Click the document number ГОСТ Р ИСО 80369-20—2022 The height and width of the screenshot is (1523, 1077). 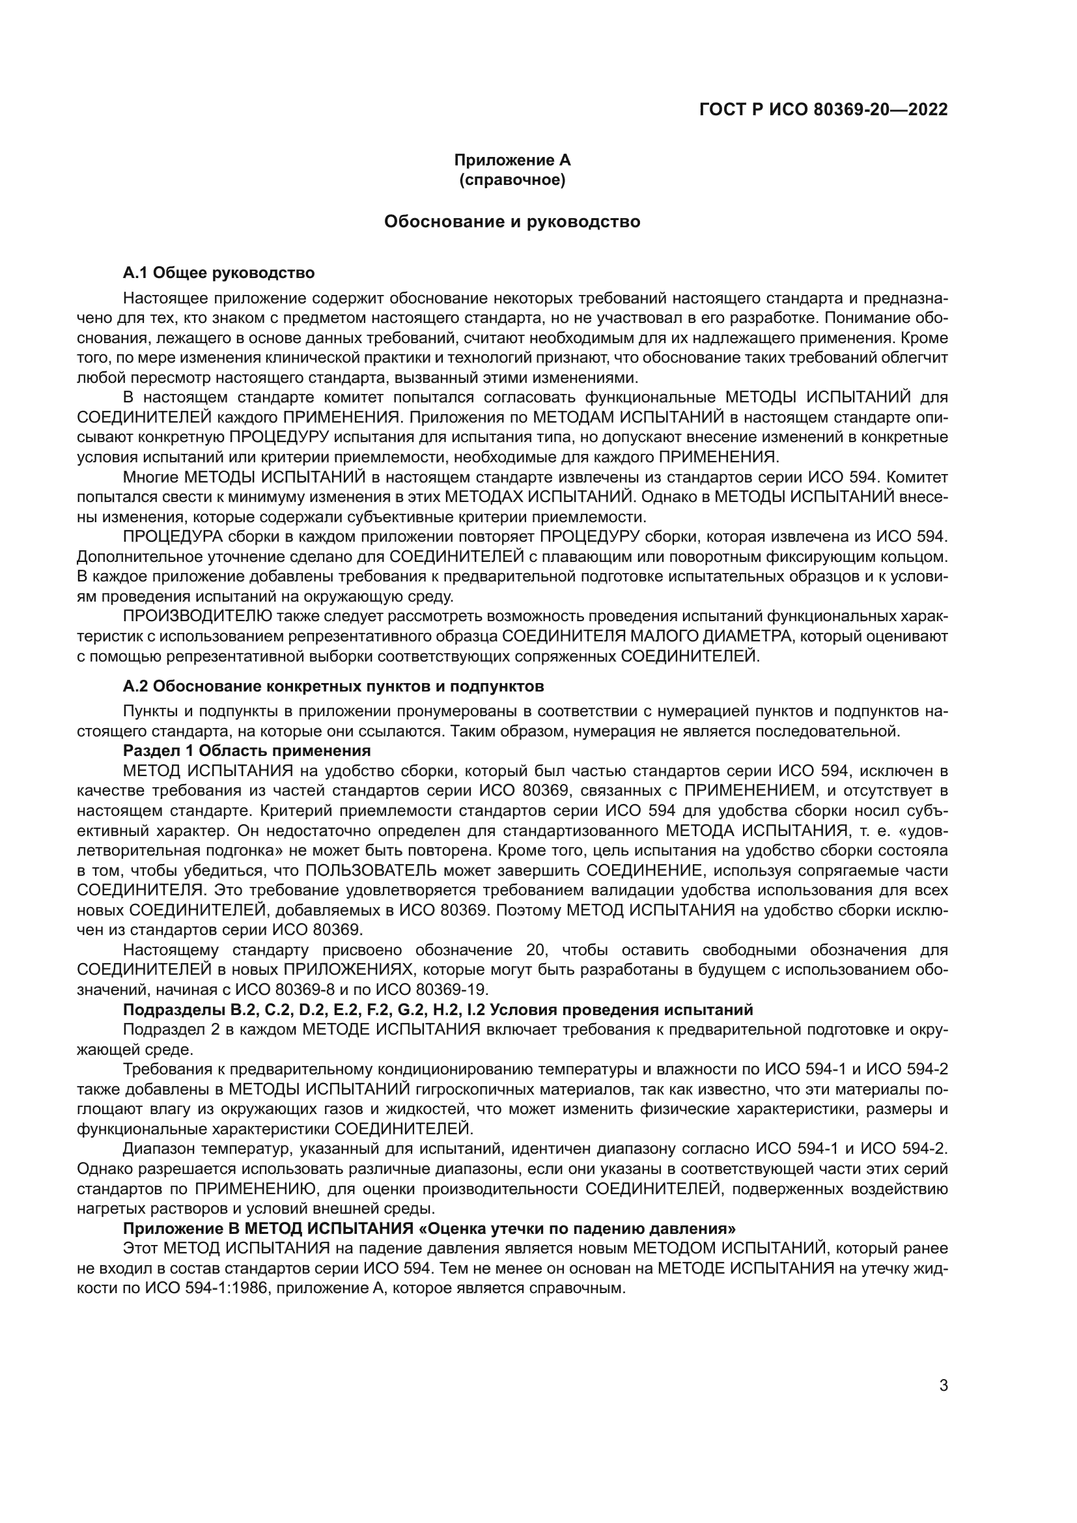pos(823,109)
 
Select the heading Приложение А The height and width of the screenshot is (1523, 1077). pos(512,160)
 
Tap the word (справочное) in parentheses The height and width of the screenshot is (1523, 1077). pos(512,180)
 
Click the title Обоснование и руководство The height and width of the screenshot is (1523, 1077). pos(512,221)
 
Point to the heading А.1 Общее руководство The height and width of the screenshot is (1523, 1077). pos(219,273)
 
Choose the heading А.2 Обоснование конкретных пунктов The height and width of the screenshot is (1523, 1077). pos(333,685)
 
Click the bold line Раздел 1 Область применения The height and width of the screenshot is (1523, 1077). pos(247,751)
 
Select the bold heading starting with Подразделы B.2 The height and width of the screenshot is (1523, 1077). pos(438,1010)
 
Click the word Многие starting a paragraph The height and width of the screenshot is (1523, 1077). pos(150,477)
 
